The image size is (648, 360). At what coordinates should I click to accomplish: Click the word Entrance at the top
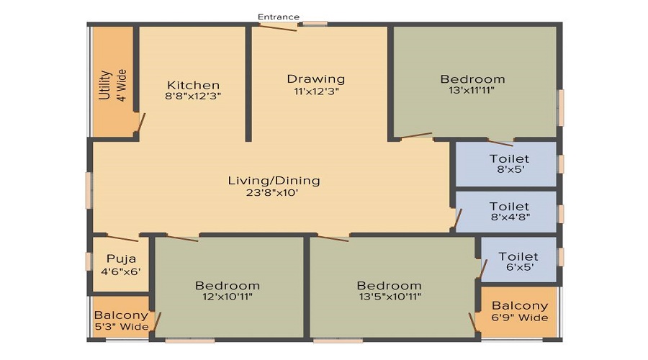point(279,17)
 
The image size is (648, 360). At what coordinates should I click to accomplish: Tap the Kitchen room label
point(192,85)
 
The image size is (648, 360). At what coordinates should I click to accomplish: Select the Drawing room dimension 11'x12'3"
point(315,91)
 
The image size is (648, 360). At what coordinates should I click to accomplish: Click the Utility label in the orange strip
point(105,85)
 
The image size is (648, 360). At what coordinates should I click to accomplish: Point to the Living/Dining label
point(274,180)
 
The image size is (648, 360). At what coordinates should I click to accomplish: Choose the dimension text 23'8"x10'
point(274,193)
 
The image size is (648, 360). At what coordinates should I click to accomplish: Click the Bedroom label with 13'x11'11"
point(472,79)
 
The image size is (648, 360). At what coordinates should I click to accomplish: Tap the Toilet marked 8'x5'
point(508,158)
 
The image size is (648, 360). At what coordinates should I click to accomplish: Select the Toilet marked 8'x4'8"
point(508,207)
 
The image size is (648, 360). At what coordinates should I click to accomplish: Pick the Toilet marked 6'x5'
point(518,256)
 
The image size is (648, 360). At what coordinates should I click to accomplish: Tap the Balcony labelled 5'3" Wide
point(121,315)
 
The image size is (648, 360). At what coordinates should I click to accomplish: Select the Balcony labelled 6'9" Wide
point(519,305)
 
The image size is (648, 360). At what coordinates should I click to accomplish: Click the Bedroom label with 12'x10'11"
point(227,286)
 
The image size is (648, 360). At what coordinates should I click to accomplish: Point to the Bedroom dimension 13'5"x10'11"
point(389,296)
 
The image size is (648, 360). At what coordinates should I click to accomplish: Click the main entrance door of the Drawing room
point(278,27)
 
